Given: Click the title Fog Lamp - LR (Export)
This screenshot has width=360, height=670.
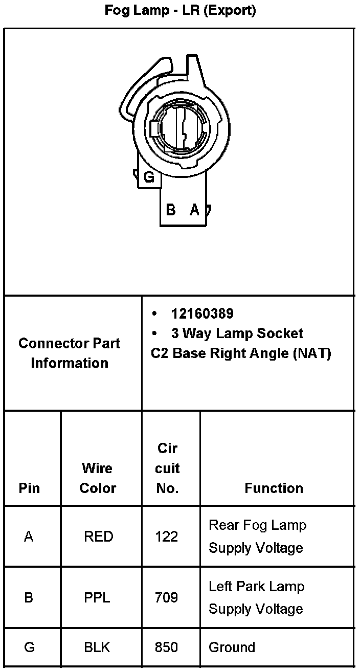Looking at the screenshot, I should point(180,10).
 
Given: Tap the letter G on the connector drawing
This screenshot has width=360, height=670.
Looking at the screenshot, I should point(149,177).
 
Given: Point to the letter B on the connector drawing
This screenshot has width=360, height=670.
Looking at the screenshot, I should point(171,210).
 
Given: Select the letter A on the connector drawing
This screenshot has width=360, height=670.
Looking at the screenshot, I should point(194,210).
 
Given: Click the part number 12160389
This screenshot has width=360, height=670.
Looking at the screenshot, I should point(202,314).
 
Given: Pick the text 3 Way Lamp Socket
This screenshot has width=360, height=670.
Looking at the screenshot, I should point(237,333).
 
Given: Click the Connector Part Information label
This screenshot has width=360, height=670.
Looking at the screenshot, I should point(70,353).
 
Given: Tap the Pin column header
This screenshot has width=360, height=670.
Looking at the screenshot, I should point(29,488).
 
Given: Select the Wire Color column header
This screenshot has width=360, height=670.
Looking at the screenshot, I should point(98,478).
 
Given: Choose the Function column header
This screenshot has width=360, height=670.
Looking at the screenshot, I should point(274,488).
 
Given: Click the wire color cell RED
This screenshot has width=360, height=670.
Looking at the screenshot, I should point(98,537).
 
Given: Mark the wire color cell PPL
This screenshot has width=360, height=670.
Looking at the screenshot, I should point(97,597).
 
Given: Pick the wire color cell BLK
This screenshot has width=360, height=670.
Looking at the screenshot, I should point(97,647).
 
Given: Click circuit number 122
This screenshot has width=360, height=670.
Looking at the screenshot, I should point(167,537).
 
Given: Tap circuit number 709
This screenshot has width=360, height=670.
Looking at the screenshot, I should point(167,597).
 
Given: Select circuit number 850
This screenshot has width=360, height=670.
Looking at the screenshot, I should point(167,647).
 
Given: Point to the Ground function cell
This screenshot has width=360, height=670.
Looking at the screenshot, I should point(232,647).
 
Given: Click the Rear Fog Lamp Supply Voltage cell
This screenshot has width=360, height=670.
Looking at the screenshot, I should point(257,537).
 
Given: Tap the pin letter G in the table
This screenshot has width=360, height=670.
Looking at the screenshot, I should point(30,647).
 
